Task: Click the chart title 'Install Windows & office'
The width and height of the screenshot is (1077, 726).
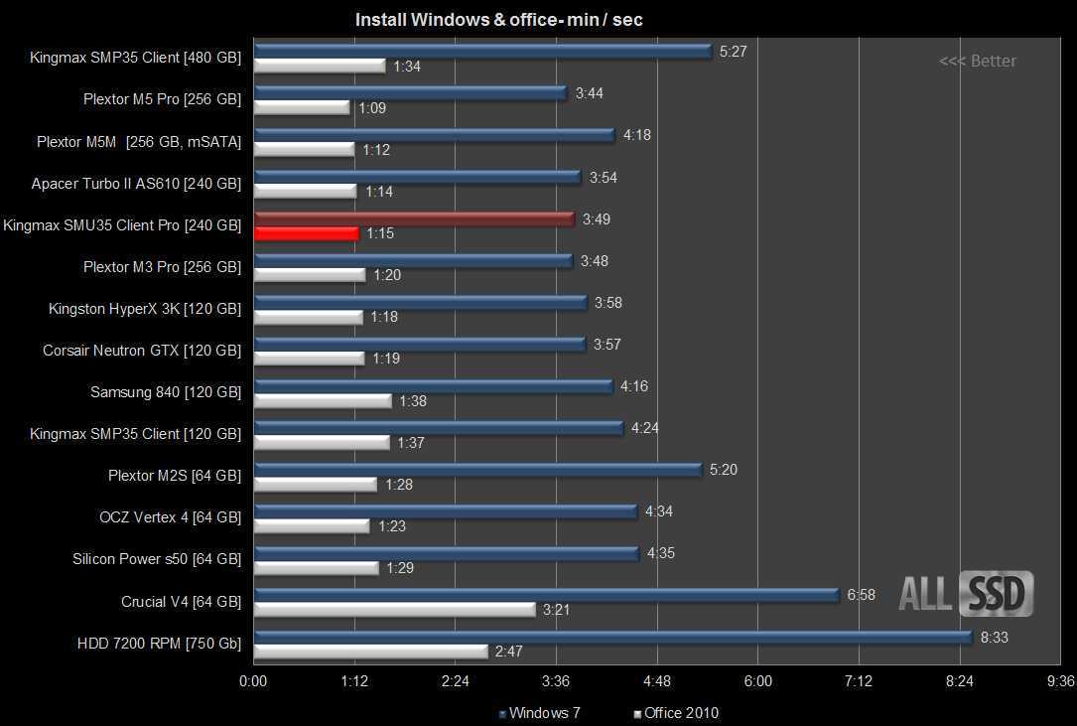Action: pyautogui.click(x=498, y=20)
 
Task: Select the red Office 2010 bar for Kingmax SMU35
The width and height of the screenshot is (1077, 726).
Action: pyautogui.click(x=306, y=233)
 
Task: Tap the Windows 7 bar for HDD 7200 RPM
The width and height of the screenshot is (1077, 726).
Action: pyautogui.click(x=612, y=637)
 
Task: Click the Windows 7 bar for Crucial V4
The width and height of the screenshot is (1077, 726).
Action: pyautogui.click(x=547, y=595)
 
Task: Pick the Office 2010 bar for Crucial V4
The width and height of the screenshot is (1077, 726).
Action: pyautogui.click(x=395, y=610)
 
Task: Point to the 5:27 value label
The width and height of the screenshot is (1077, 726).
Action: pyautogui.click(x=733, y=52)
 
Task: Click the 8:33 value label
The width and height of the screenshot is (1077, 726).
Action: pyautogui.click(x=994, y=638)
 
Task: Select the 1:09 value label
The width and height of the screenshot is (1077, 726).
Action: pyautogui.click(x=372, y=108)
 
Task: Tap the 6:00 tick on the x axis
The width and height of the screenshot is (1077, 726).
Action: pyautogui.click(x=757, y=681)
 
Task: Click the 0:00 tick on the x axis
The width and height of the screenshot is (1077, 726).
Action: pyautogui.click(x=253, y=681)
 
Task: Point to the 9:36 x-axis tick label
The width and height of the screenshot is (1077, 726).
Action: pyautogui.click(x=1060, y=681)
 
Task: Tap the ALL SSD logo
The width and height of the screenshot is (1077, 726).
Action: pyautogui.click(x=966, y=593)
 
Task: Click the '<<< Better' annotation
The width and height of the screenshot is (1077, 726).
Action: pyautogui.click(x=978, y=62)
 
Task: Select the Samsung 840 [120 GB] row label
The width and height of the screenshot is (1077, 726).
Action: pyautogui.click(x=166, y=392)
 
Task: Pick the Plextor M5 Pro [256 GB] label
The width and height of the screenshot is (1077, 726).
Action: pyautogui.click(x=162, y=99)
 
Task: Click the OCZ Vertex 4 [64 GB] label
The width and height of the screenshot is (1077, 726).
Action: pyautogui.click(x=170, y=517)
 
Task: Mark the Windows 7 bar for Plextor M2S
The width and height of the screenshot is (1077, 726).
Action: pyautogui.click(x=477, y=469)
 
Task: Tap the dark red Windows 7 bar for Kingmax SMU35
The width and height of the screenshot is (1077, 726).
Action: pyautogui.click(x=414, y=218)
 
